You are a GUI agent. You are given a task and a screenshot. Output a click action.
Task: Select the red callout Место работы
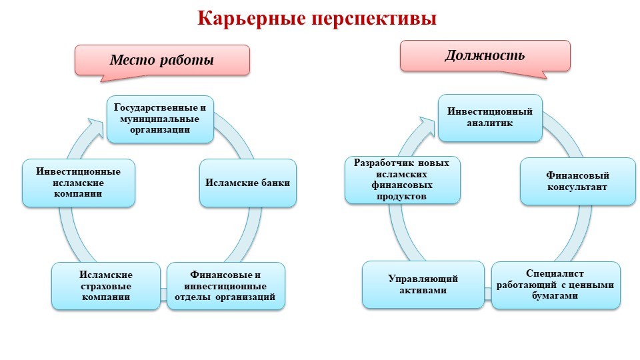point(162,60)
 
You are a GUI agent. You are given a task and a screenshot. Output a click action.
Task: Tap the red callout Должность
point(485,55)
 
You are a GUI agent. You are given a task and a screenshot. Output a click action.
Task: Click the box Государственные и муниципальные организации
point(160,119)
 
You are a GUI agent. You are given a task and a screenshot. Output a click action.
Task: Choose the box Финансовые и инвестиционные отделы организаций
point(225,286)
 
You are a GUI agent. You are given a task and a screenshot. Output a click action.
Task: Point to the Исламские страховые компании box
point(106,286)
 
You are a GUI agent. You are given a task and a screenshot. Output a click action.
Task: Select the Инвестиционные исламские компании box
point(79,182)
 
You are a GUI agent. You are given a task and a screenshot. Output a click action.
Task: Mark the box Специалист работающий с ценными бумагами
point(556,285)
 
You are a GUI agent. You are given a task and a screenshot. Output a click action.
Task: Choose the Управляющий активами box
point(423,285)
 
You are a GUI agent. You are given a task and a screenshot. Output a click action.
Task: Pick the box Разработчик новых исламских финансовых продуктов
point(402,179)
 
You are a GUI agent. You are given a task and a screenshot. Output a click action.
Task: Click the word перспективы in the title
point(373,19)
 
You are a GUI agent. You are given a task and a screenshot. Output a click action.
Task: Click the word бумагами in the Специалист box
point(556,295)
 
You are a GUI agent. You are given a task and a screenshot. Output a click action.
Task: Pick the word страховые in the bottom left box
point(106,286)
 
